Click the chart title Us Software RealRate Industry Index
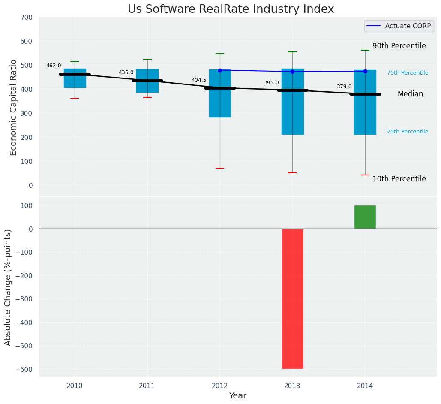click(231, 9)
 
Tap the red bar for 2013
click(293, 298)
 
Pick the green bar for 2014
click(365, 217)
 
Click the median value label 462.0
click(54, 66)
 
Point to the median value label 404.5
click(199, 80)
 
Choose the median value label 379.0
click(344, 87)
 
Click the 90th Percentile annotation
click(399, 46)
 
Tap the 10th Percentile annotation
click(399, 179)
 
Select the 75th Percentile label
click(408, 73)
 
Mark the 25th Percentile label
click(408, 132)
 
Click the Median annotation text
click(410, 94)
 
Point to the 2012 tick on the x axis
click(220, 386)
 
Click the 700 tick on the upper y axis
click(26, 18)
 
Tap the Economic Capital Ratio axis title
click(13, 107)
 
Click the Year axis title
click(237, 396)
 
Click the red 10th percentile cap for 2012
click(220, 169)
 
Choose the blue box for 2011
click(147, 81)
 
